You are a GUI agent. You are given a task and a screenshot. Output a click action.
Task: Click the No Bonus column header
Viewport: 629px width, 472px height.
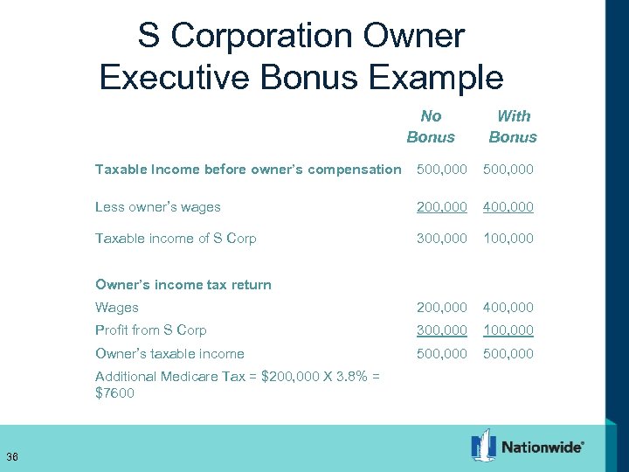[x=431, y=127]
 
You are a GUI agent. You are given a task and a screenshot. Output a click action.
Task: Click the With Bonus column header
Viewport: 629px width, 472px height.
[x=513, y=127]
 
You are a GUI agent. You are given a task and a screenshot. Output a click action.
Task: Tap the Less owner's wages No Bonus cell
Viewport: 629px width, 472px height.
[x=442, y=208]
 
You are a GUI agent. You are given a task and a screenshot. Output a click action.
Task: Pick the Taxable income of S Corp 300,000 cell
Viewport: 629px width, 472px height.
[x=442, y=239]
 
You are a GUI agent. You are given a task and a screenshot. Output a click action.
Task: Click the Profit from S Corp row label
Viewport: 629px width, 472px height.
[x=151, y=330]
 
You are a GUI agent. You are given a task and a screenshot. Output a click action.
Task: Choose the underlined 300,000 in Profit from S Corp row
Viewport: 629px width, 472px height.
[x=442, y=330]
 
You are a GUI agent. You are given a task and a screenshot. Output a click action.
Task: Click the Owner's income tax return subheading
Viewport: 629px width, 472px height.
[x=183, y=284]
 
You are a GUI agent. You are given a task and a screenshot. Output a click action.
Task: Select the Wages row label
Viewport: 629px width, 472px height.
[x=117, y=308]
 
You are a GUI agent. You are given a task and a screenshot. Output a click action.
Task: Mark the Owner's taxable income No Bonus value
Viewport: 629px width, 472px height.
[x=442, y=354]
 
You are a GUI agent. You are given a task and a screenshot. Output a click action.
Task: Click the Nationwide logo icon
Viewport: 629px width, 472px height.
[x=483, y=446]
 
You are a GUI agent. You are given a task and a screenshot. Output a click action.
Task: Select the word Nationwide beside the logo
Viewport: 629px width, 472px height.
[x=543, y=448]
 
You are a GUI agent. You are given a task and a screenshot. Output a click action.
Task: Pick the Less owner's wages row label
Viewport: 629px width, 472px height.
[x=158, y=208]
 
